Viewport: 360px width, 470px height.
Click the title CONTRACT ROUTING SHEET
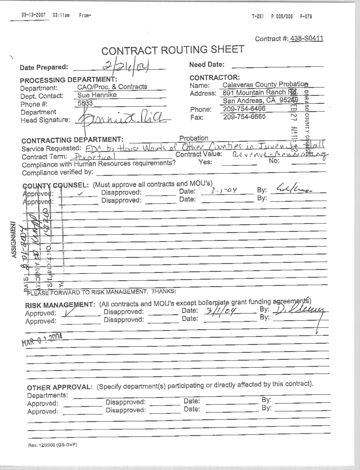coord(173,50)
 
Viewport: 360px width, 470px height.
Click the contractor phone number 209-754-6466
coord(244,109)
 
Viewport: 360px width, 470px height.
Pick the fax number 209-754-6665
coord(244,117)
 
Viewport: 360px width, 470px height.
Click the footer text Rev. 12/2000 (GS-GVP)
coord(53,445)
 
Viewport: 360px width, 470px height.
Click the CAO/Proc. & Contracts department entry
coord(112,87)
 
